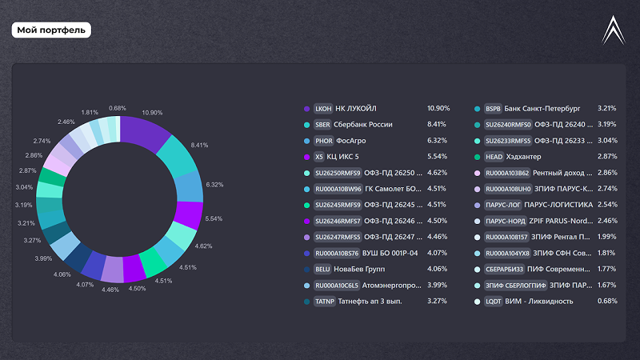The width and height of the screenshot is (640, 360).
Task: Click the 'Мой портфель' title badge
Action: tap(51, 30)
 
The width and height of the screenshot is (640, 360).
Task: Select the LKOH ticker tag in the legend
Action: tap(323, 108)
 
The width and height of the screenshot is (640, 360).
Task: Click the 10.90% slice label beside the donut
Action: tap(152, 113)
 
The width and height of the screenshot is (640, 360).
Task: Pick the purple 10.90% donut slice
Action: tap(146, 131)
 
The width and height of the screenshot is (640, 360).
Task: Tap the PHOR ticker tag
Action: tap(324, 140)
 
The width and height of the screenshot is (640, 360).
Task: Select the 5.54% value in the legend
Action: tap(438, 156)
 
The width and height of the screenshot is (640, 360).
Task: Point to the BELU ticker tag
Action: tap(323, 270)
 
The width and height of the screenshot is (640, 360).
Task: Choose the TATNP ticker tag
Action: tap(326, 302)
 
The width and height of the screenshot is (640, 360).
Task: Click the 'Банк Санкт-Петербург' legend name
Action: tap(543, 108)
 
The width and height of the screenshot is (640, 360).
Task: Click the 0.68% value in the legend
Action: tap(607, 302)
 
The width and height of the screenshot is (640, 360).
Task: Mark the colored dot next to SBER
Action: tap(306, 125)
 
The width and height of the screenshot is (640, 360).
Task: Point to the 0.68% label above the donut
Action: tap(118, 108)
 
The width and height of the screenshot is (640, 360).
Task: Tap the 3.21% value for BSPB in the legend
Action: tap(607, 108)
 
